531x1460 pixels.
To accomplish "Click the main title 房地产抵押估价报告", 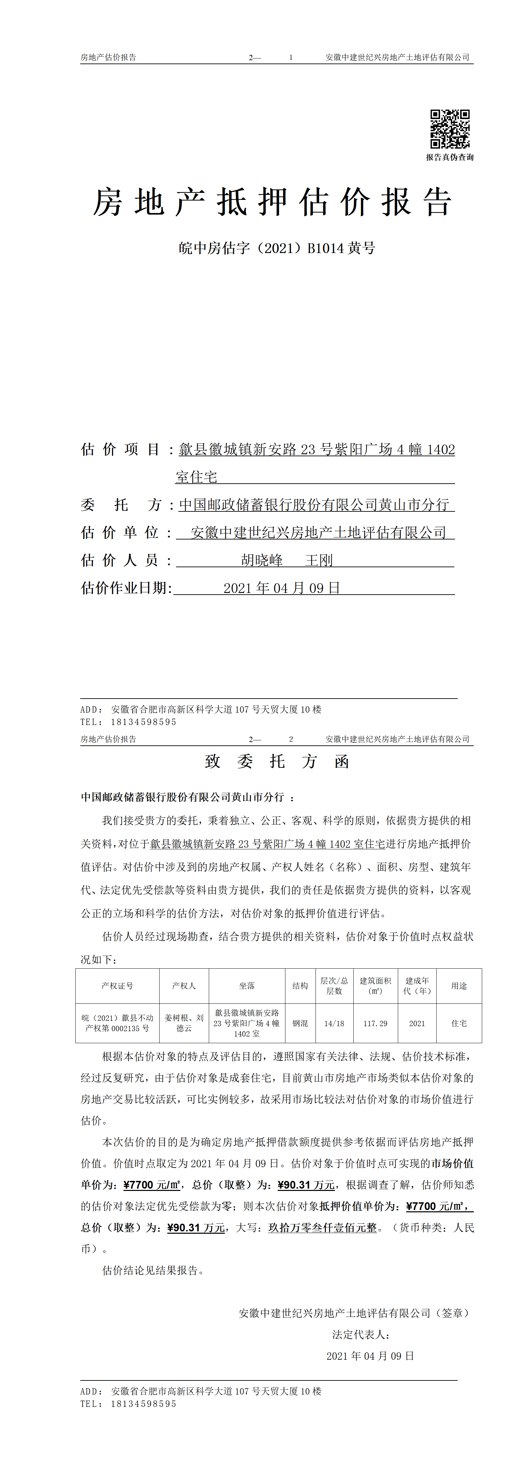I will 272,202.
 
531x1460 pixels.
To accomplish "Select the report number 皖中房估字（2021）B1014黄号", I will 277,248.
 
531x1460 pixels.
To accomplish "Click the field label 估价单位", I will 120,533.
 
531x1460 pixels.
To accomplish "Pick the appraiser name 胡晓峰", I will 262,561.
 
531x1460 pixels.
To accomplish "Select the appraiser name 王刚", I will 319,561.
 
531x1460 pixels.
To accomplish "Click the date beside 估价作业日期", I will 281,588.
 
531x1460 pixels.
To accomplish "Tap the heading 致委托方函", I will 277,761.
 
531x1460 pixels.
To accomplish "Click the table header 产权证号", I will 117,986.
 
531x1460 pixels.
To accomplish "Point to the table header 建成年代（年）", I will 417,986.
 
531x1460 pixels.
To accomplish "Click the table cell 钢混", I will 300,1023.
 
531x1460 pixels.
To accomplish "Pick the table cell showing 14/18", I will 334,1023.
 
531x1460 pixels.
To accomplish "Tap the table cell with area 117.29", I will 375,1023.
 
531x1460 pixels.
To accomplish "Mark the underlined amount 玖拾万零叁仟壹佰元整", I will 322,1228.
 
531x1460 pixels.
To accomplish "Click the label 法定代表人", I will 361,1334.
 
